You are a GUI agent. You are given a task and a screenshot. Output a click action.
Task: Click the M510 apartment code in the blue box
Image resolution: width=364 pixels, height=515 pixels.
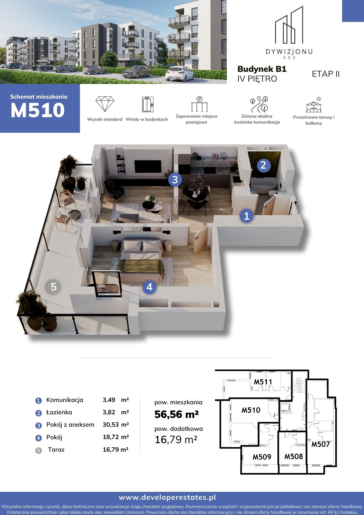[x=38, y=110]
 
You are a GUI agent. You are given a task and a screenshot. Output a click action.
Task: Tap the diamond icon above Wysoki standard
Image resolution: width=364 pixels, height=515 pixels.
[x=105, y=104]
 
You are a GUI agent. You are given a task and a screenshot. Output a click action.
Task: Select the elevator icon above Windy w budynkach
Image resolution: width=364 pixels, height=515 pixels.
[x=148, y=104]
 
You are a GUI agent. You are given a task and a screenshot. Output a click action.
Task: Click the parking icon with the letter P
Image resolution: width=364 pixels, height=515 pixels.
[x=199, y=104]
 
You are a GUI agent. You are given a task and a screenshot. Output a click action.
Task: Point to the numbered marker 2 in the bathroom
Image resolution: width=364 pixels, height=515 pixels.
[x=264, y=165]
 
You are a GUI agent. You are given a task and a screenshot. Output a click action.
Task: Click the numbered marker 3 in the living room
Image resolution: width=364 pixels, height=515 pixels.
[x=175, y=179]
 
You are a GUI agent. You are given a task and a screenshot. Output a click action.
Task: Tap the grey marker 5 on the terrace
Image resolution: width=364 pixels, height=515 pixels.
[x=54, y=287]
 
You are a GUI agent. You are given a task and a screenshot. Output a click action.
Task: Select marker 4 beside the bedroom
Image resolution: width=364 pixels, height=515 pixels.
[x=150, y=287]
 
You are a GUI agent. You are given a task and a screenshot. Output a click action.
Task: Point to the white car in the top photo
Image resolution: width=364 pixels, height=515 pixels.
[x=180, y=73]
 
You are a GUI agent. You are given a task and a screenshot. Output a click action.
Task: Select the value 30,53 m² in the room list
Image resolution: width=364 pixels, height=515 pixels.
[x=116, y=425]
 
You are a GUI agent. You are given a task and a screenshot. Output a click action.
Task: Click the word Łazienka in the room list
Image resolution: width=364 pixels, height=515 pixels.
[x=59, y=412]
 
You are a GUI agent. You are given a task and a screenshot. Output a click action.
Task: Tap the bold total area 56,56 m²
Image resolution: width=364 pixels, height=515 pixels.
[x=177, y=414]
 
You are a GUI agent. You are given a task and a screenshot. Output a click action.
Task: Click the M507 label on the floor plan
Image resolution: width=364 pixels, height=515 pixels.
[x=321, y=444]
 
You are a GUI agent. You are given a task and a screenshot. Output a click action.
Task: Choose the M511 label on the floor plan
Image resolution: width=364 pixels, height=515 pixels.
[x=263, y=382]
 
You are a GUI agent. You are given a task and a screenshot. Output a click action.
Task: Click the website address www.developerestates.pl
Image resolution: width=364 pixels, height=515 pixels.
[x=167, y=497]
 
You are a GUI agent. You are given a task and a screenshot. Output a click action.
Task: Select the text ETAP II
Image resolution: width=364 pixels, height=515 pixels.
[x=326, y=74]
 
